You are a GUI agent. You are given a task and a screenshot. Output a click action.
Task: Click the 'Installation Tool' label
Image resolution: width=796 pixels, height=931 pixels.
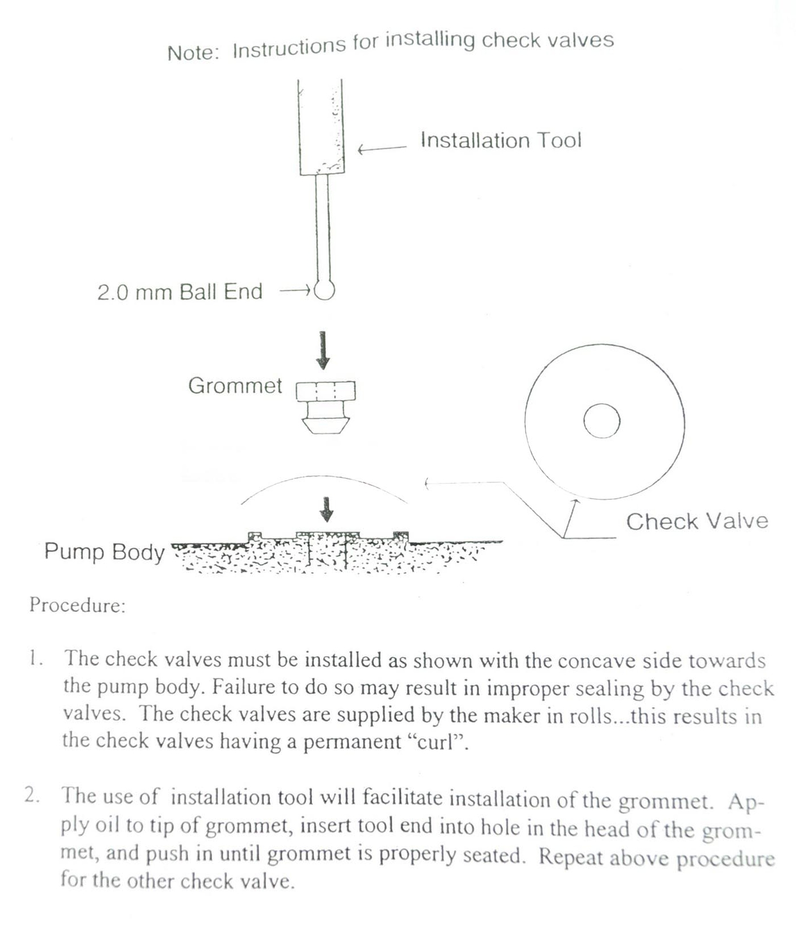(x=500, y=140)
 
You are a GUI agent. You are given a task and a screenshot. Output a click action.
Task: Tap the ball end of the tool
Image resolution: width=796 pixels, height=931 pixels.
(x=324, y=290)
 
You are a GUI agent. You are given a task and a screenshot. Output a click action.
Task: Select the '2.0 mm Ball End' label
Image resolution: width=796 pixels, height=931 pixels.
(x=180, y=292)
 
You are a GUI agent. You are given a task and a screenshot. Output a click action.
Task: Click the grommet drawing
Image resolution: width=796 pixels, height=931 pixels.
(x=325, y=407)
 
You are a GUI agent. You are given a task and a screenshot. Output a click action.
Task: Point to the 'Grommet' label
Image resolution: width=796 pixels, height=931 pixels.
(x=234, y=386)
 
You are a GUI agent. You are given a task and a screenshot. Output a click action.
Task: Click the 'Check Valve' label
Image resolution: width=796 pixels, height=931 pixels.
(x=696, y=521)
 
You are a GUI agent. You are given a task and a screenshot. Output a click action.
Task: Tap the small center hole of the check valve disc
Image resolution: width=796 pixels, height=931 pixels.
(x=602, y=420)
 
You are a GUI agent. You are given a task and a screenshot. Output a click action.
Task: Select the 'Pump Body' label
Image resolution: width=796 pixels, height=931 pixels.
(x=104, y=552)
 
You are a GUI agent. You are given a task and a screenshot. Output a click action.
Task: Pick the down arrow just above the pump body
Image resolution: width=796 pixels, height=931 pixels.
(x=327, y=509)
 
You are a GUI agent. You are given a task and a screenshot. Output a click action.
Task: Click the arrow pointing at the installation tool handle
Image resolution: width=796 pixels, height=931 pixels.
(x=381, y=149)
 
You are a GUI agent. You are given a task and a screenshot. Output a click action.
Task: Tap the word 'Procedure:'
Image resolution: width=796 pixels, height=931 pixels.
(x=77, y=605)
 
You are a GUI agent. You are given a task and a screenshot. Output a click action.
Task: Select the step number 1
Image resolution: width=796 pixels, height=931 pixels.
(x=35, y=659)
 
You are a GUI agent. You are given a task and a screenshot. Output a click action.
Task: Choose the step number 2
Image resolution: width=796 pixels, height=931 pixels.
(x=33, y=795)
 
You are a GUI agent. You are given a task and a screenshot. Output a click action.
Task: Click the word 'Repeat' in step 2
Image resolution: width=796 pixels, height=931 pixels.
(x=570, y=857)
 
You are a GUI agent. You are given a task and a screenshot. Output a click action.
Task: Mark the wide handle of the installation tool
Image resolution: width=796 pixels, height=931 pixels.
(x=321, y=127)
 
